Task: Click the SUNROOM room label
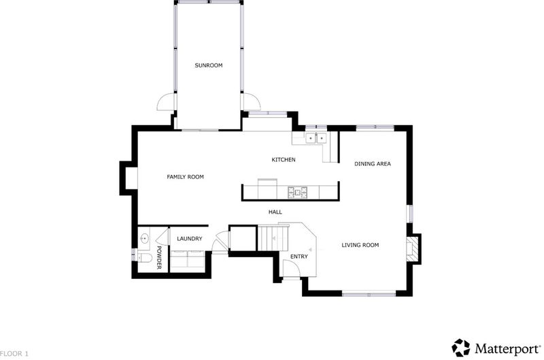209,65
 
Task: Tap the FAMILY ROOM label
185,177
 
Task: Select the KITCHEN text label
284,160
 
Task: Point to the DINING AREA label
373,163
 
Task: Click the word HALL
275,212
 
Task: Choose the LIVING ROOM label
360,245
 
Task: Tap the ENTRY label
299,257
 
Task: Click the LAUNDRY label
190,239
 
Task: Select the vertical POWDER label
159,258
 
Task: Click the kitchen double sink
316,139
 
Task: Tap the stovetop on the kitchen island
297,193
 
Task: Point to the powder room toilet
145,258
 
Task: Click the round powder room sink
144,238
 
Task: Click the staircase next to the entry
273,238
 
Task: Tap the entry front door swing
292,268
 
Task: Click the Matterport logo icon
461,348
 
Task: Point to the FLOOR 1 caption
14,354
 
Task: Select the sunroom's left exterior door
167,101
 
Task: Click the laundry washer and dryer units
188,259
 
